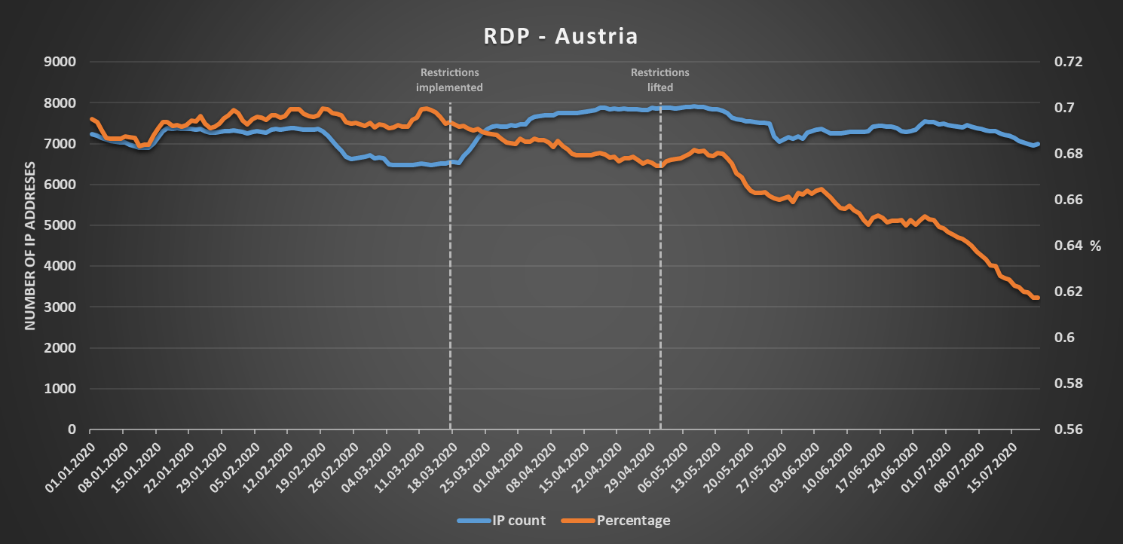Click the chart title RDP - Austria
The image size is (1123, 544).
561,36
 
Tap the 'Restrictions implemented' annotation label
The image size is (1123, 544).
449,80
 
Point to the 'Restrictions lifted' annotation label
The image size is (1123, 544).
660,80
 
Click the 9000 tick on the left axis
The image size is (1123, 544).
62,62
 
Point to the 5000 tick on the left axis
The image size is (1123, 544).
62,225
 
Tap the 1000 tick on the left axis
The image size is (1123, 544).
62,389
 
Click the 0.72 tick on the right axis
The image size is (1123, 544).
1067,62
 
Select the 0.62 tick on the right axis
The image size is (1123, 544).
1067,292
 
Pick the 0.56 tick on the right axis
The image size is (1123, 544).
1067,429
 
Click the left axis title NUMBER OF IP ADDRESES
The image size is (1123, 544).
31,245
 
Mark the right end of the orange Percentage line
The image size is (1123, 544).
1038,298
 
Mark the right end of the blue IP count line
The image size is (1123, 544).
1038,144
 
